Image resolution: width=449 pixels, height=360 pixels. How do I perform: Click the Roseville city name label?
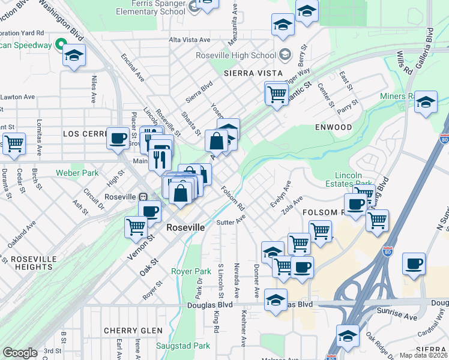(185, 228)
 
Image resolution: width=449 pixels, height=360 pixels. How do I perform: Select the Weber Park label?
(77, 173)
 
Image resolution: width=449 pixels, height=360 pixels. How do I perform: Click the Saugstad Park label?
(183, 346)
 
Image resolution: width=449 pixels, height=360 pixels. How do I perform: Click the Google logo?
(20, 353)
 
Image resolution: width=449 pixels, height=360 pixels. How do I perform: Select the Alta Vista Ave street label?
(190, 40)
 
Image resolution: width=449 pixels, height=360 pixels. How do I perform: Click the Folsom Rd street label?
(233, 199)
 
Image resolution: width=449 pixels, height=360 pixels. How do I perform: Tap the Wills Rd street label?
(408, 62)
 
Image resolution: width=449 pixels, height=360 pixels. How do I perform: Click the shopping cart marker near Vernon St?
(136, 226)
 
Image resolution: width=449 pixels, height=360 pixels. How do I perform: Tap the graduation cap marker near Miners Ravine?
(426, 101)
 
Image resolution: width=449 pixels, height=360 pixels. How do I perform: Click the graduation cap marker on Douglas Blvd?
(276, 299)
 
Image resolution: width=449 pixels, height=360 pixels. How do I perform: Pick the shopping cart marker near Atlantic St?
(276, 93)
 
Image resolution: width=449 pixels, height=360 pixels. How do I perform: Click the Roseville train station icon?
(143, 197)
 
